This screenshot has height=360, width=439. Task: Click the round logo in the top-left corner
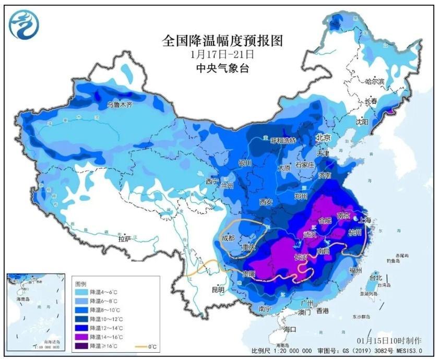24,25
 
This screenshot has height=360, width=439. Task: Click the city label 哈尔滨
375,81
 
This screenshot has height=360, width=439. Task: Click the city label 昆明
218,289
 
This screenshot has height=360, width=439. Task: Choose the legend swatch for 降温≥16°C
82,346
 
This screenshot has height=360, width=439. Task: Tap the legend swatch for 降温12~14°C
82,328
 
